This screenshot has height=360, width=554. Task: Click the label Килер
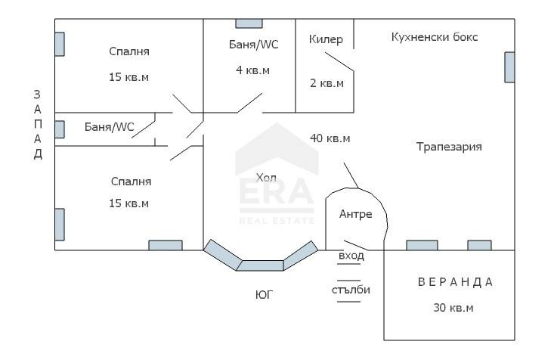(x=326, y=39)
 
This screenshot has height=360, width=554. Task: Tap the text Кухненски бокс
(x=435, y=37)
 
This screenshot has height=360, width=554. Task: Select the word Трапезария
(x=449, y=147)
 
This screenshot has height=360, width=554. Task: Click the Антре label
(x=355, y=214)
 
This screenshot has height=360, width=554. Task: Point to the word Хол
(x=267, y=178)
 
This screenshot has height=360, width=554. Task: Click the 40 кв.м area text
(x=330, y=138)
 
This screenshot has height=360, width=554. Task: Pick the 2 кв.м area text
(x=327, y=83)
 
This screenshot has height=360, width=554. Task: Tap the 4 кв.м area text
(x=252, y=70)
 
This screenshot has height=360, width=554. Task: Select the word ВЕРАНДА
(x=455, y=282)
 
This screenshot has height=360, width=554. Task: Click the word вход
(x=351, y=256)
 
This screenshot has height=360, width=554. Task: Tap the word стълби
(x=351, y=290)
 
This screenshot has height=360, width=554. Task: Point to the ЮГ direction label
(x=264, y=295)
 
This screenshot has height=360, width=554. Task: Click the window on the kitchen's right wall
(x=509, y=67)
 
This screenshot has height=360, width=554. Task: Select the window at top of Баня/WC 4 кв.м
(x=249, y=23)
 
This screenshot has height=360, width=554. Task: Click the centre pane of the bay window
(x=261, y=265)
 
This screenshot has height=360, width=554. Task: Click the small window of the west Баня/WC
(x=59, y=129)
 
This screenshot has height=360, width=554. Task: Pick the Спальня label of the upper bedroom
(x=129, y=51)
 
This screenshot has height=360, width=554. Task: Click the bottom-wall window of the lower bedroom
(x=165, y=245)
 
